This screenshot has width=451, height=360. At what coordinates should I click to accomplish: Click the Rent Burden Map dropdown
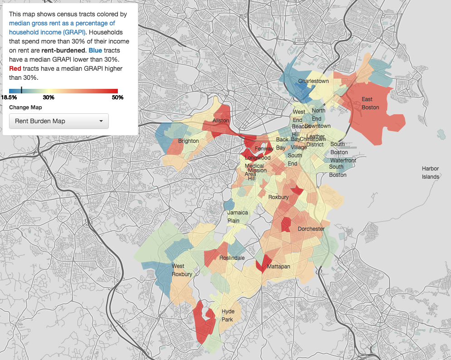tap(59, 121)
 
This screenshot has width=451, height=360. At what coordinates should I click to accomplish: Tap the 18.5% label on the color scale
tap(9, 97)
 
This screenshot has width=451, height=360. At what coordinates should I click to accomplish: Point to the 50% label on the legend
tap(118, 97)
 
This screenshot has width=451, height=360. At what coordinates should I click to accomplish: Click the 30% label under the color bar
tap(48, 97)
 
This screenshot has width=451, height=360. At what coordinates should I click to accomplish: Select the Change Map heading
tap(25, 107)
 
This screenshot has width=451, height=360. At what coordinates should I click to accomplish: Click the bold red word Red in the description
tap(15, 68)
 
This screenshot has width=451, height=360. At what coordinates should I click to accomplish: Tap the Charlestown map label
tap(313, 81)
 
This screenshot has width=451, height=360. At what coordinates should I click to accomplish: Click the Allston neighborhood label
tap(221, 121)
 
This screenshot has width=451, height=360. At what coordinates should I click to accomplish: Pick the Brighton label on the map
tap(188, 141)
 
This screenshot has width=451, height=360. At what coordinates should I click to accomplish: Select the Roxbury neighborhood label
tap(278, 197)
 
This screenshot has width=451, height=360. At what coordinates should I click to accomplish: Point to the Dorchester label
tap(311, 229)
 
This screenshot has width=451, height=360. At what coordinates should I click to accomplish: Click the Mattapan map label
tap(278, 267)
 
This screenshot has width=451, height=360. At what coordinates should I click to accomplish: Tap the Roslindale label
tap(232, 258)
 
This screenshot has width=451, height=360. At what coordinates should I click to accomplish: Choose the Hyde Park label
tap(228, 315)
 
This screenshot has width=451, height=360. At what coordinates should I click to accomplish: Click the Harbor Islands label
tap(430, 172)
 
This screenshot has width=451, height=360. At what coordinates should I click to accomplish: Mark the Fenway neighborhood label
tap(264, 149)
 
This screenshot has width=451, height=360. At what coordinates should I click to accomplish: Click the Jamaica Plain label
tap(238, 216)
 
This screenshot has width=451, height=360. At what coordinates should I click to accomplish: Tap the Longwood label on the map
tap(257, 158)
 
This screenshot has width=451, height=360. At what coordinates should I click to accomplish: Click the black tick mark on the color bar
tap(22, 91)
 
